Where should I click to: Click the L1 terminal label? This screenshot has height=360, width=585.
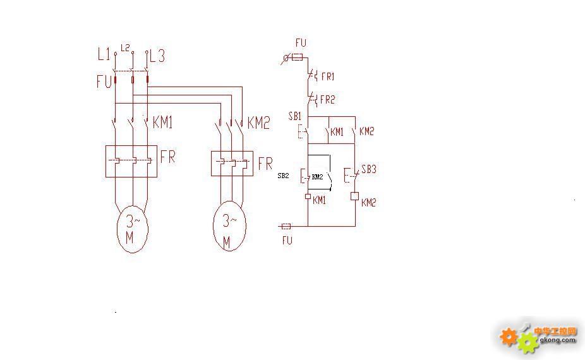tap(104, 55)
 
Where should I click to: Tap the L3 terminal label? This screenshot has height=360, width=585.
tap(157, 56)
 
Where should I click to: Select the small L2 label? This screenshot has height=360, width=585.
tap(125, 48)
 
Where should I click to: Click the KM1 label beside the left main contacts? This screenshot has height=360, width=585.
tap(162, 123)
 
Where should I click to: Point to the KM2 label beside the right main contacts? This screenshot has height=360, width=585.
tap(258, 123)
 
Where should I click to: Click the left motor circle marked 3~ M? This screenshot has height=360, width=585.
tap(133, 229)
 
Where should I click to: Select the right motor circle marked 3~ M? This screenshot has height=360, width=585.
tap(229, 226)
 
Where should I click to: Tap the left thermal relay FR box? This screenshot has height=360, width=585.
tap(131, 161)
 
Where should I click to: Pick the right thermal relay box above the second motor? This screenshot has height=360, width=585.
tap(232, 164)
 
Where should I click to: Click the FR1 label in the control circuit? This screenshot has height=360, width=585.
tap(328, 77)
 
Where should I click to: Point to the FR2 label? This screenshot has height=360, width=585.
tap(328, 100)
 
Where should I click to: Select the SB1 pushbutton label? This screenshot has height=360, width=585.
tap(295, 116)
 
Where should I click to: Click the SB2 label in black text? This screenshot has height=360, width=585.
tap(283, 176)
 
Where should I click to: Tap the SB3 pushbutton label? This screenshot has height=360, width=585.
tap(368, 169)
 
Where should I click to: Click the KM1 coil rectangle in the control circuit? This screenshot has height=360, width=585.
tap(308, 196)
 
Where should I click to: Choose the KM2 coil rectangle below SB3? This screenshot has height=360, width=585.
tap(355, 196)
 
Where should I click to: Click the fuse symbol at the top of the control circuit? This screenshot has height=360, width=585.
tap(298, 58)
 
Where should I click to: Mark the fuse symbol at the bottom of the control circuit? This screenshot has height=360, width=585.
tap(286, 226)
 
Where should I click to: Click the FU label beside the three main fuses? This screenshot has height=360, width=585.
tap(104, 81)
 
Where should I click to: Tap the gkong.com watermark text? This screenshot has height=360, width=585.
tap(558, 340)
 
